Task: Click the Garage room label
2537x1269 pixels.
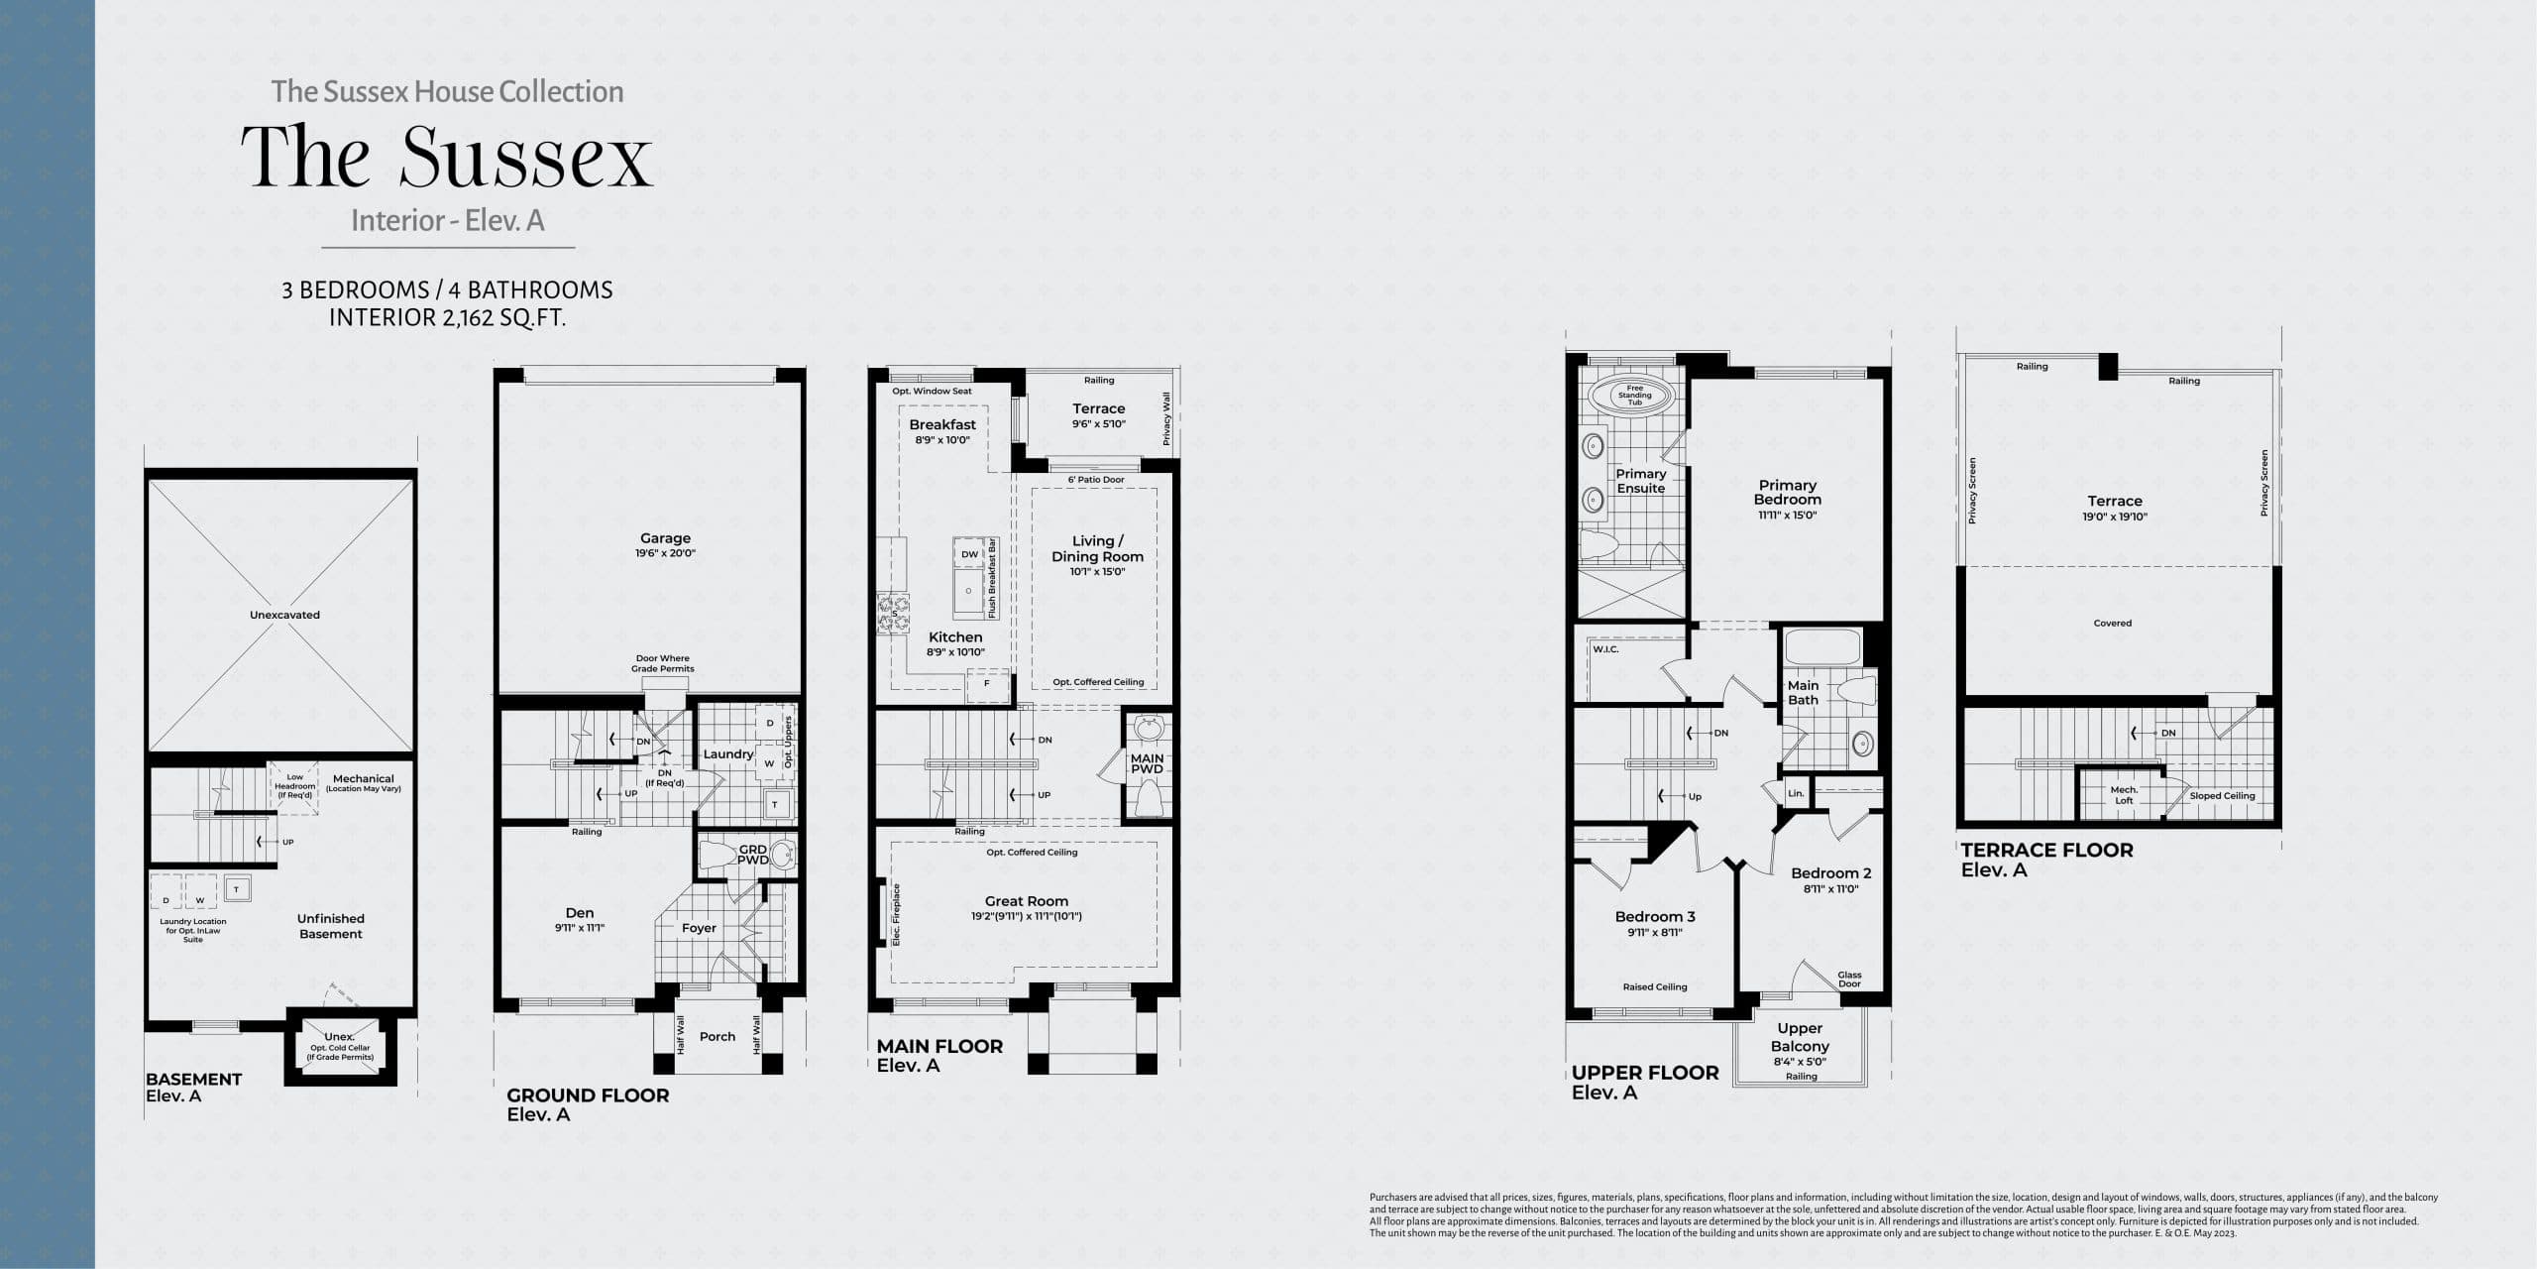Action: pos(665,538)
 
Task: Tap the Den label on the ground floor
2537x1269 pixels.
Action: pos(580,913)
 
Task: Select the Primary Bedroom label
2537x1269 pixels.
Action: pos(1787,492)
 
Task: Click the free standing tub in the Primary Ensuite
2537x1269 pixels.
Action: pos(1634,396)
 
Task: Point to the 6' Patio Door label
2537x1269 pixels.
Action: pos(1096,480)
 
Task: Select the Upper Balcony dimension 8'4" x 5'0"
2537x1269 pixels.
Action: pos(1800,1062)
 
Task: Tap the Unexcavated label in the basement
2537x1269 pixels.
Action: pos(284,615)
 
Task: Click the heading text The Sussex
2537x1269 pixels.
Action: pos(447,158)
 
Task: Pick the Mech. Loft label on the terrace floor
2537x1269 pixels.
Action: pos(2123,795)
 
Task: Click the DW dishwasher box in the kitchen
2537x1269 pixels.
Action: pos(969,554)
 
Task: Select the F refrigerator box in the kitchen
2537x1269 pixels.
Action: pos(986,683)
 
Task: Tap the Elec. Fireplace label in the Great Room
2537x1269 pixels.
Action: pos(897,913)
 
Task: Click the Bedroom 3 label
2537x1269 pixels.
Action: pos(1655,917)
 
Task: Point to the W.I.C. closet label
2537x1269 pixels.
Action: pos(1605,649)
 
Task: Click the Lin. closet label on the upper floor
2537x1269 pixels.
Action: pos(1795,793)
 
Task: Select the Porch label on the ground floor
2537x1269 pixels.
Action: pos(717,1036)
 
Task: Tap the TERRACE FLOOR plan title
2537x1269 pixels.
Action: pos(2046,850)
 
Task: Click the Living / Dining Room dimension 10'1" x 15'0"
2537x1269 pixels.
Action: pos(1097,572)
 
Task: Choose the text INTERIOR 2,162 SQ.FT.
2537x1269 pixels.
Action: pos(447,318)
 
